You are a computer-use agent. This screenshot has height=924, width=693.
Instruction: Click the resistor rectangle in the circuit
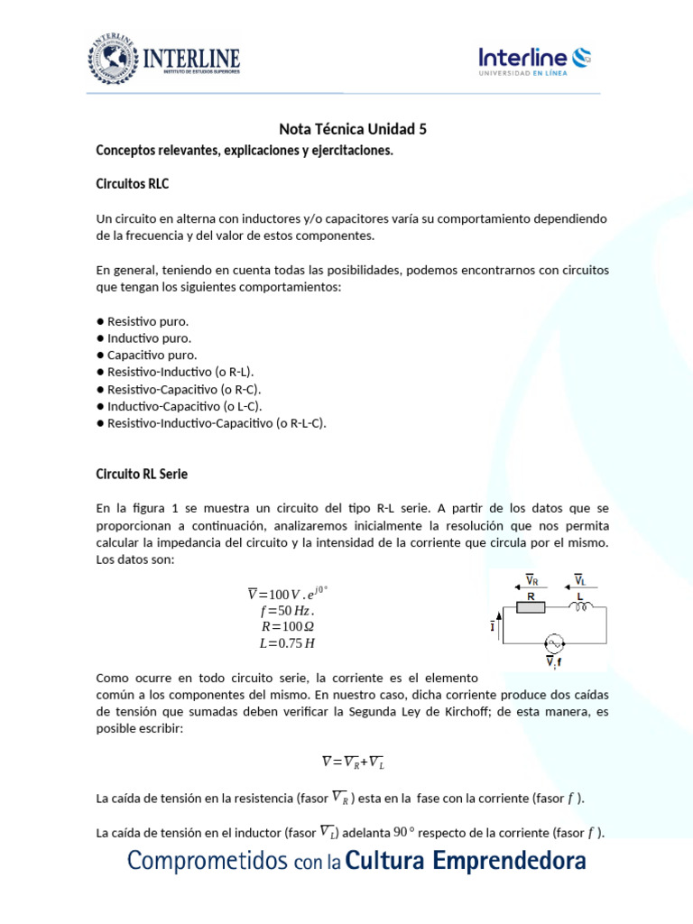pyautogui.click(x=531, y=608)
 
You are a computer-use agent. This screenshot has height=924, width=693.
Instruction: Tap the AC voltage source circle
pyautogui.click(x=553, y=643)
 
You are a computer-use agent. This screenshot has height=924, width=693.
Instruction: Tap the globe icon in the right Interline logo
pyautogui.click(x=582, y=57)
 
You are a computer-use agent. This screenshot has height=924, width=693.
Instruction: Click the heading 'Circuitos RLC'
pyautogui.click(x=132, y=184)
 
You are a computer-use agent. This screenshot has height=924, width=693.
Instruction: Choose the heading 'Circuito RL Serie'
pyautogui.click(x=142, y=474)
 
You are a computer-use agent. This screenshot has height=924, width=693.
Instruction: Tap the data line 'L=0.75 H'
pyautogui.click(x=287, y=643)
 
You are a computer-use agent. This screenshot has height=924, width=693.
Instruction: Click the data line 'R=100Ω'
pyautogui.click(x=287, y=627)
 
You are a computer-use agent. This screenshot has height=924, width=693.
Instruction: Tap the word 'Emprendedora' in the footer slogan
pyautogui.click(x=510, y=862)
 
